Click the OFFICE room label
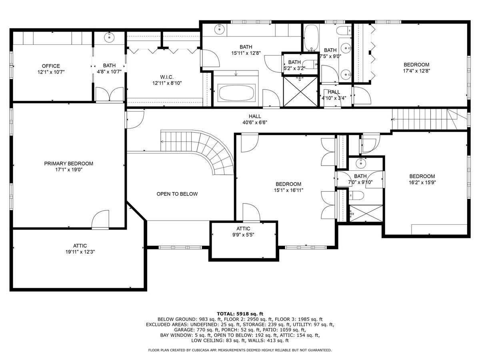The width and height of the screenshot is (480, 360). pos(51,66)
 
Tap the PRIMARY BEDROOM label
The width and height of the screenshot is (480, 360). pos(68,164)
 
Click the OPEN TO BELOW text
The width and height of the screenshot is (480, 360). pos(177,194)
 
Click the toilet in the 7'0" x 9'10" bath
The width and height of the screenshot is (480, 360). pos(357,196)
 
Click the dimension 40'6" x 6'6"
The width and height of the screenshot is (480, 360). pos(255,122)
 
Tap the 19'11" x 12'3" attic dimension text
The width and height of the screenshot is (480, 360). pos(80,252)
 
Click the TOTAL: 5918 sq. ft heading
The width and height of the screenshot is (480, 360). pos(240,314)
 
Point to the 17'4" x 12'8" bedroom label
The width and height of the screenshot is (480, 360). pos(416,68)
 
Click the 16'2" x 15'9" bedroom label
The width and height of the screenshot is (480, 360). pos(422,179)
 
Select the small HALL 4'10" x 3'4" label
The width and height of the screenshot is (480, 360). pos(334,95)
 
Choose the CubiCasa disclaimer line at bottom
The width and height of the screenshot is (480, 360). pos(240,350)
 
